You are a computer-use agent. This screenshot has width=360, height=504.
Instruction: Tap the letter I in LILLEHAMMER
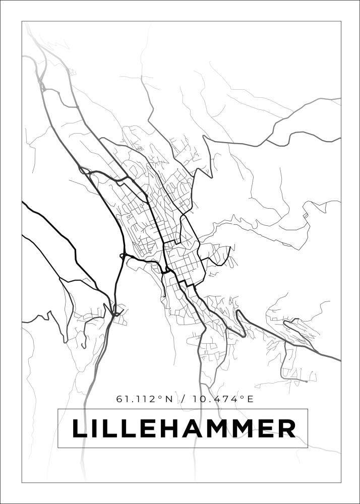tap(97, 429)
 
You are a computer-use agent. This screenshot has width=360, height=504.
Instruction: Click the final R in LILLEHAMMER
tap(286, 429)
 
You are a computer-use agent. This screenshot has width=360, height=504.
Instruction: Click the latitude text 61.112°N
tap(145, 399)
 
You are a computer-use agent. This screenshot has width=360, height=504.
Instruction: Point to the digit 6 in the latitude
tap(119, 399)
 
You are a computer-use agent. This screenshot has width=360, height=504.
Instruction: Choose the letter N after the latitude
tap(169, 399)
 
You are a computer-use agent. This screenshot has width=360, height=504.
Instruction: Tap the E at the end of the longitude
tap(250, 399)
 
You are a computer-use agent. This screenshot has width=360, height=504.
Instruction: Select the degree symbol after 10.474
tap(243, 397)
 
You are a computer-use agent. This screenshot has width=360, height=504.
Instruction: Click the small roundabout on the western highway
tap(122, 256)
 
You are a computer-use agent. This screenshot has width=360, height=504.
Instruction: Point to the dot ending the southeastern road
tap(306, 382)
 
